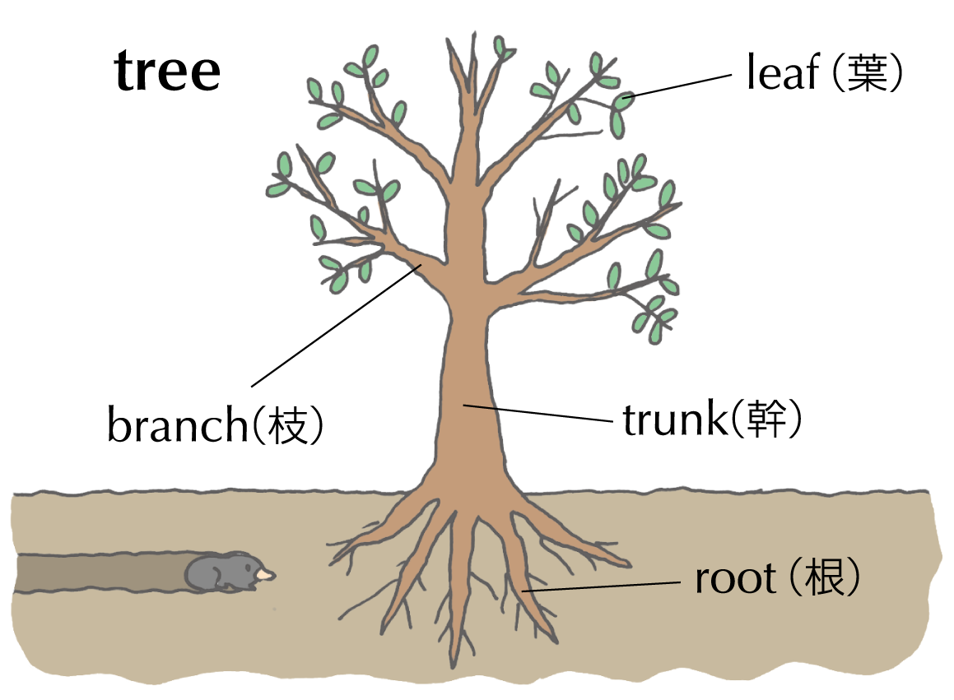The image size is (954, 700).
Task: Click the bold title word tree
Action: click(x=168, y=72)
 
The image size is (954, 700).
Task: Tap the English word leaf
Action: click(x=782, y=73)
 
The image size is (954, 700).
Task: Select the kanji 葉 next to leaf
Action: click(x=867, y=73)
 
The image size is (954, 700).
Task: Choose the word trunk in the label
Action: click(x=671, y=420)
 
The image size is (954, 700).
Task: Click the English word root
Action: click(x=736, y=579)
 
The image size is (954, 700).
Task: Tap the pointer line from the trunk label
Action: click(x=539, y=414)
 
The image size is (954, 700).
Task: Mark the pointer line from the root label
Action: click(x=609, y=586)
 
